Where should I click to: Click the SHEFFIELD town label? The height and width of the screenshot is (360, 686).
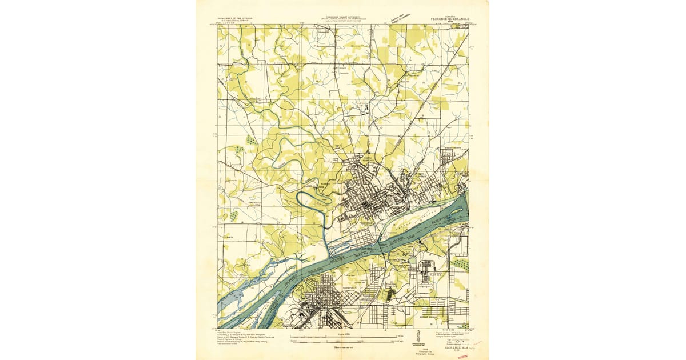point(349,287)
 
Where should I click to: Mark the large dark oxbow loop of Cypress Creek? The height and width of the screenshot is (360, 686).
point(312,200)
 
